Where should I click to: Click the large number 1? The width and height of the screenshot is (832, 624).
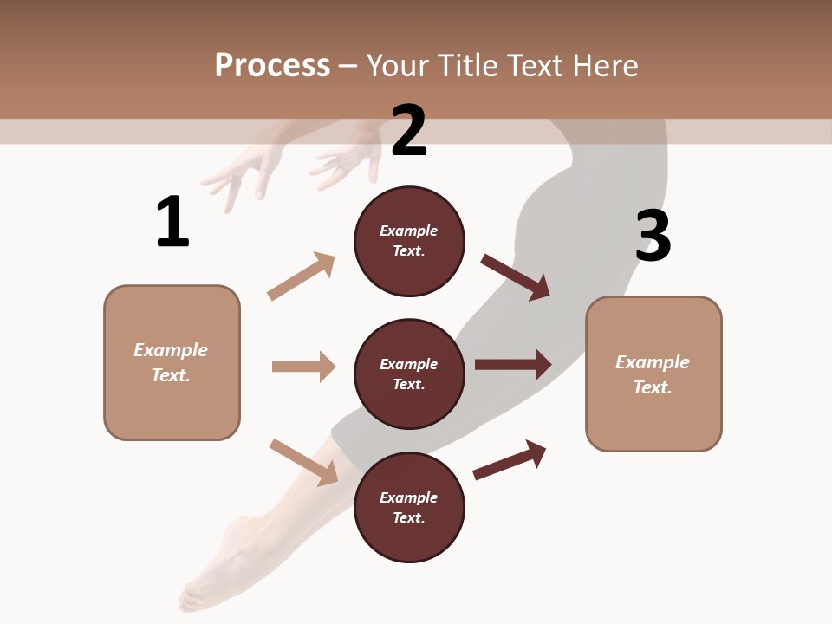coord(172,223)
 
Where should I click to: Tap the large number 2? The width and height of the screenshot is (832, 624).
coord(409,131)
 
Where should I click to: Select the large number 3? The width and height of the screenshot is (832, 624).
coord(653,237)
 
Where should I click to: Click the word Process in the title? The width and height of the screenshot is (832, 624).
coord(272,65)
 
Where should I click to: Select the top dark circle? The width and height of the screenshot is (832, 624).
coord(409,241)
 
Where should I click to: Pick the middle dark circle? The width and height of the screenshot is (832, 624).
coord(409,374)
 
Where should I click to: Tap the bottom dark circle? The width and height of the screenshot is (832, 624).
coord(409,507)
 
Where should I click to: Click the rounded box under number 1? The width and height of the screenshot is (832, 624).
coord(172,362)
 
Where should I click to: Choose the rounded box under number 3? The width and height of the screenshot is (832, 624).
coord(653,374)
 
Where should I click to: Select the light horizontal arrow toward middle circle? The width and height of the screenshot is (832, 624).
coord(303,367)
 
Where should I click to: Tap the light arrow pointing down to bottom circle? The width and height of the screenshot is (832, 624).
coord(303,461)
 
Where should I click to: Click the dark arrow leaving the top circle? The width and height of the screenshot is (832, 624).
coord(516,277)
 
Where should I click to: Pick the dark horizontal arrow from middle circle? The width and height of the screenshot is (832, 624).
coord(513,364)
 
